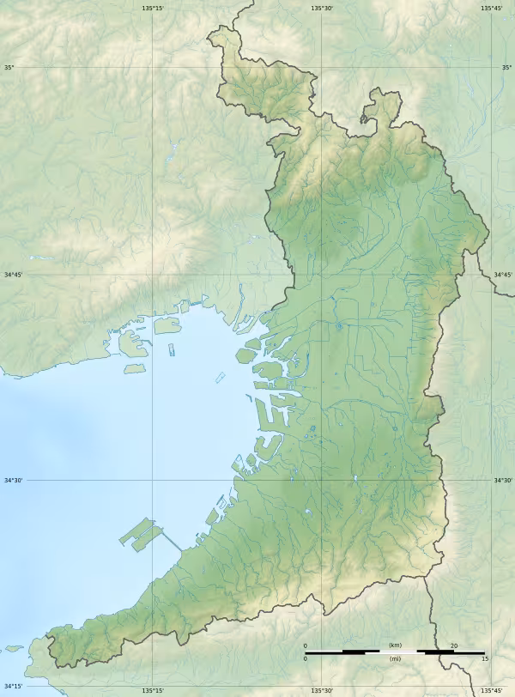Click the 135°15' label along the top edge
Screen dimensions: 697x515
pos(153,8)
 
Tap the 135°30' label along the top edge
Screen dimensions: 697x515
pos(322,8)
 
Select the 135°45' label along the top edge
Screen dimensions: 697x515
pos(491,8)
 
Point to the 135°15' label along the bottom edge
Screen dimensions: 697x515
pos(153,690)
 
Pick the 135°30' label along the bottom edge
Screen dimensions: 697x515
pos(322,690)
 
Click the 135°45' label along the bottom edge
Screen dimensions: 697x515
pos(491,690)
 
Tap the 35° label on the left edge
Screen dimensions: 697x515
pos(9,67)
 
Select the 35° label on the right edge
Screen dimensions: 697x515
pos(506,67)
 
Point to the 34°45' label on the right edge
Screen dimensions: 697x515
pos(502,275)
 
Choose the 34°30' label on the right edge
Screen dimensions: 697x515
pos(502,481)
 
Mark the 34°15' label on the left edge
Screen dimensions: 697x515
pos(12,686)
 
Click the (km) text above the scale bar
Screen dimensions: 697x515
pos(395,645)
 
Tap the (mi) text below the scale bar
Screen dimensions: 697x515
pos(395,658)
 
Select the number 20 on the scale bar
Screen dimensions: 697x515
pos(453,645)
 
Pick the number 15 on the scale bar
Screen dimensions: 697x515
pos(484,658)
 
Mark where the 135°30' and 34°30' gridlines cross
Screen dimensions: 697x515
pos(322,481)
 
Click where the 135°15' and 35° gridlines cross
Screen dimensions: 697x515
pos(153,67)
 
